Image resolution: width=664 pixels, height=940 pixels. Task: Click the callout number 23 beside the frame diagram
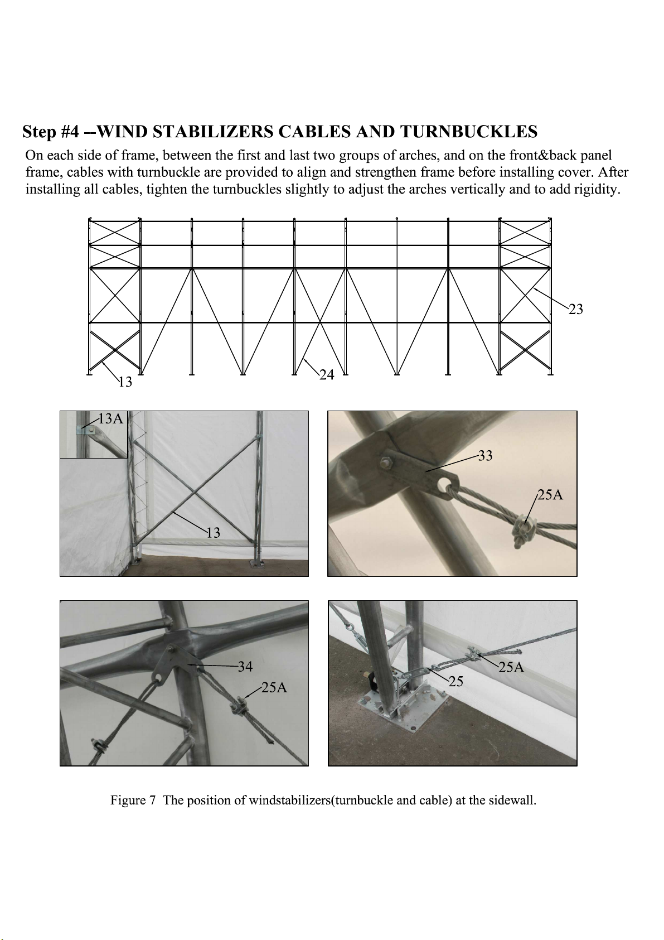point(576,309)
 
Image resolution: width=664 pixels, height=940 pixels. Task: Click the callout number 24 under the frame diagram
point(327,374)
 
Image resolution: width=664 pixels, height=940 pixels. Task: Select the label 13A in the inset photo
point(111,418)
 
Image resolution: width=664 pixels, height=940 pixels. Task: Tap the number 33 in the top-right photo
point(485,455)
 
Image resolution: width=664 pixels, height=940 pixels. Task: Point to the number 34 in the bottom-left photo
point(245,667)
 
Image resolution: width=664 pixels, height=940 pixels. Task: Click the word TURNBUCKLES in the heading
point(469,132)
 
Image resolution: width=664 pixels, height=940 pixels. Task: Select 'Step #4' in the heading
point(50,132)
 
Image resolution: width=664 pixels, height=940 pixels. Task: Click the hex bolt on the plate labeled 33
point(386,463)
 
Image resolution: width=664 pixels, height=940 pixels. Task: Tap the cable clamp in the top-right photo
point(522,529)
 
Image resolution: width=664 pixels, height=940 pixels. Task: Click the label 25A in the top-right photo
point(550,495)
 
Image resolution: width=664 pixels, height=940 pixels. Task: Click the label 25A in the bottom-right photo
point(511,667)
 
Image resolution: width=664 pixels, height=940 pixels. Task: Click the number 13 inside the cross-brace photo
point(213,533)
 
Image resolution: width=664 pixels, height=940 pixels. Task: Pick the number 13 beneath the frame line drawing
point(125,382)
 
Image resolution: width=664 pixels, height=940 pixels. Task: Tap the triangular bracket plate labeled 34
point(171,664)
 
